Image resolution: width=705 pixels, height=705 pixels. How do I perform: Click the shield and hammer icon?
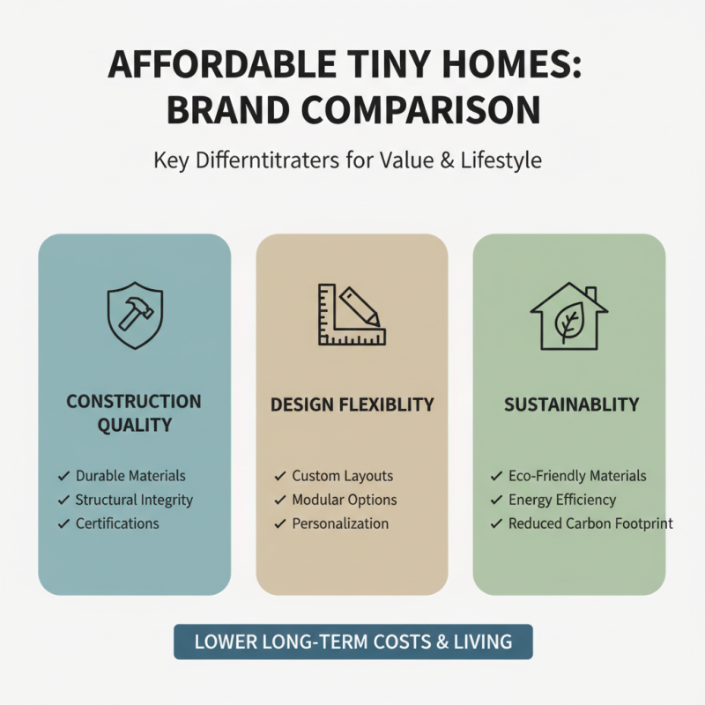tap(135, 315)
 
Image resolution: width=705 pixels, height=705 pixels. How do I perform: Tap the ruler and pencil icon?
tap(352, 315)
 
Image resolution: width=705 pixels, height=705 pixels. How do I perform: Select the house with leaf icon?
tap(568, 315)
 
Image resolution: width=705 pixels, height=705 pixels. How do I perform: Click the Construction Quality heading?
tap(134, 413)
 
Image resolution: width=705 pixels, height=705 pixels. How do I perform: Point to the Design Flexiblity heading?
tap(352, 404)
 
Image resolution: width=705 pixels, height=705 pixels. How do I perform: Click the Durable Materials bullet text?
tap(130, 476)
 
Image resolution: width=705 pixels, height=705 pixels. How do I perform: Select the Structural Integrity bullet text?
tap(134, 500)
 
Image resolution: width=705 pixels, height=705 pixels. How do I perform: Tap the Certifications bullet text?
tap(117, 523)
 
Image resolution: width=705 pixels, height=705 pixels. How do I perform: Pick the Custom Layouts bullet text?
tap(343, 476)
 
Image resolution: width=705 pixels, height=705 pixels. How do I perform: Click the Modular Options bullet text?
tap(345, 500)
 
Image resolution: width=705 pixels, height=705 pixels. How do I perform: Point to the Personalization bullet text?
tap(340, 523)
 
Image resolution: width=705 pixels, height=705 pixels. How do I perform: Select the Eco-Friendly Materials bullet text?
tap(577, 476)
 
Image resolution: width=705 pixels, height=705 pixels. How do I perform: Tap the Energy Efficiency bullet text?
tap(562, 500)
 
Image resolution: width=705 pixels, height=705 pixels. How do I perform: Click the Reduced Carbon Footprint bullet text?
tap(590, 523)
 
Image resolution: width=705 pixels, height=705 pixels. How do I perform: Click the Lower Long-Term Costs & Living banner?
tap(352, 642)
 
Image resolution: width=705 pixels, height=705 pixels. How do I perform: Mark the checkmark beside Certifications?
tap(63, 523)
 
